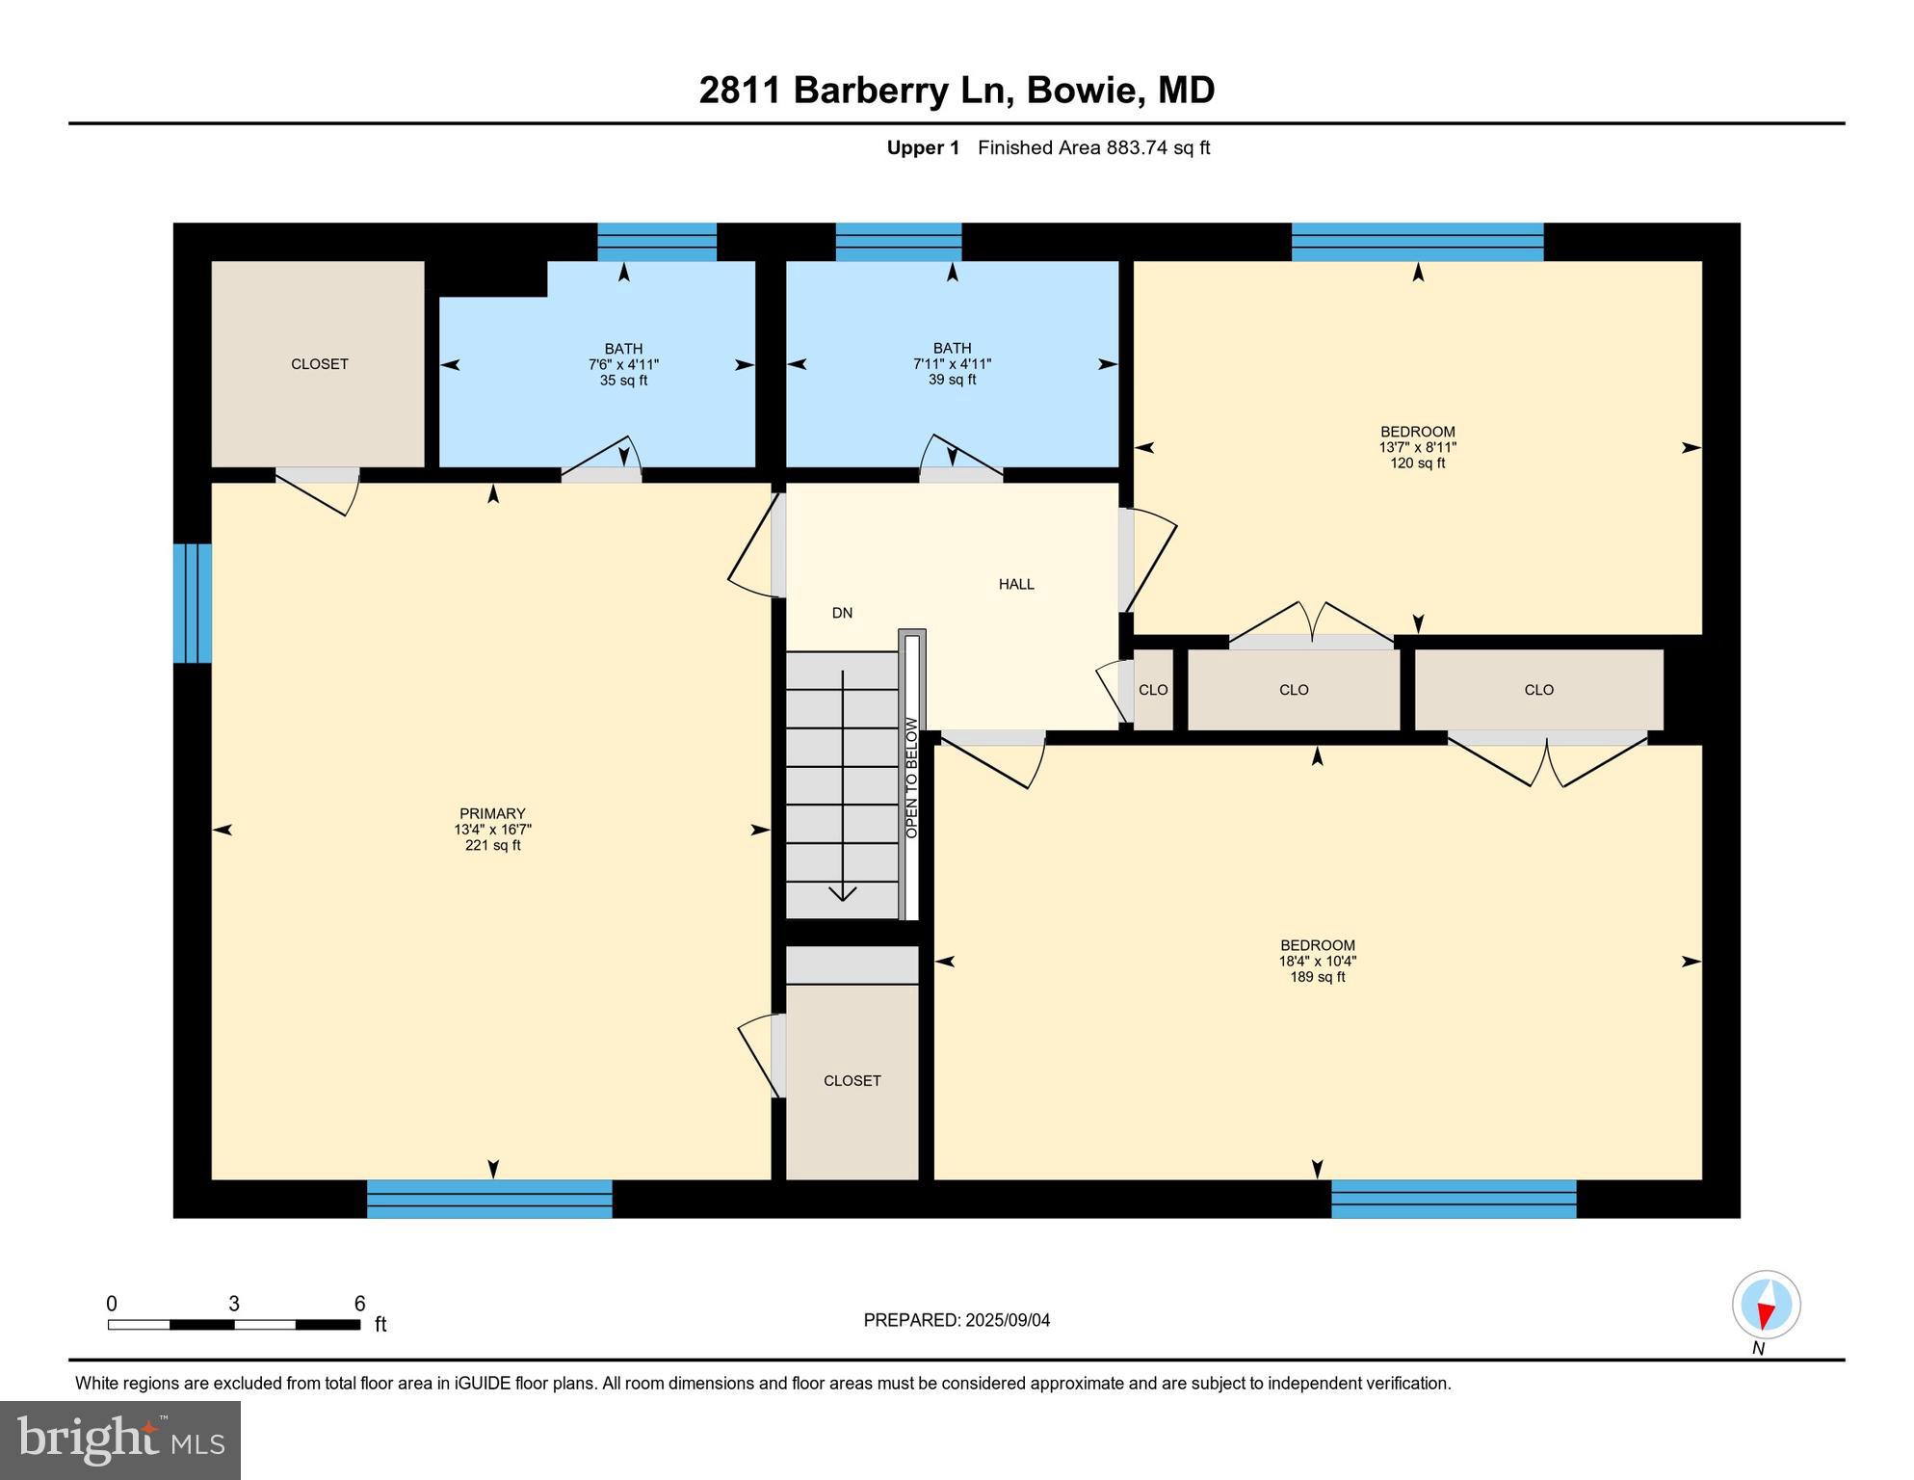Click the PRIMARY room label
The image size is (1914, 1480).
point(492,813)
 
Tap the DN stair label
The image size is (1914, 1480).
point(842,613)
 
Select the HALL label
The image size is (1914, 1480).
point(1016,584)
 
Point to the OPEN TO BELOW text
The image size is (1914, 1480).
point(911,778)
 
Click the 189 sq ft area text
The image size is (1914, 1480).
point(1317,977)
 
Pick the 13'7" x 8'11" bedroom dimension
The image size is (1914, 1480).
point(1417,447)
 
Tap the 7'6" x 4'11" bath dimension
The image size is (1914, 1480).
point(623,364)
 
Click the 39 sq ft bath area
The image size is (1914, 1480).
point(952,380)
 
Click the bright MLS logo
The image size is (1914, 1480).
point(120,1440)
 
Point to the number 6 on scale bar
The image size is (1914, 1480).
point(359,1304)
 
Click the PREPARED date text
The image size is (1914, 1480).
point(957,1320)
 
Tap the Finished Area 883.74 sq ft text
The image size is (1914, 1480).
point(1093,147)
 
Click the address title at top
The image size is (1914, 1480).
point(957,90)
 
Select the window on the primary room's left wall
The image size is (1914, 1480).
point(192,603)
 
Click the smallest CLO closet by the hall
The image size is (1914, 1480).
point(1153,690)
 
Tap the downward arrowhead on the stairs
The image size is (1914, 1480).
point(843,894)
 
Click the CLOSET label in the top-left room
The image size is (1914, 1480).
point(320,364)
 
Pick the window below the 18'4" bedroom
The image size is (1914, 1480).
point(1454,1199)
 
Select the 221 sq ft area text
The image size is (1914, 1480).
point(492,846)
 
